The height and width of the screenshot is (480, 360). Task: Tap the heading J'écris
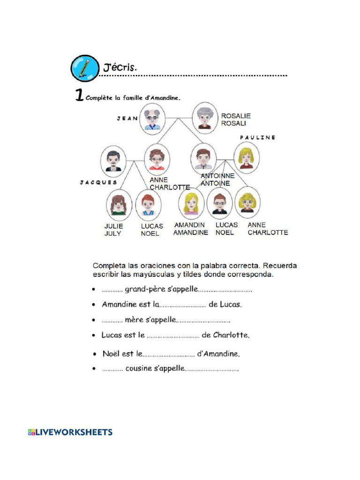pyautogui.click(x=117, y=67)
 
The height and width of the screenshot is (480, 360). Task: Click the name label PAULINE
pyautogui.click(x=257, y=138)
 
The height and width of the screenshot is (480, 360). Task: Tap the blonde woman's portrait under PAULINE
pyautogui.click(x=246, y=158)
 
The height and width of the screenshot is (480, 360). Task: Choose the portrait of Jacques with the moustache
pyautogui.click(x=113, y=160)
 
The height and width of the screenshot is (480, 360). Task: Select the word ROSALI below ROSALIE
pyautogui.click(x=233, y=123)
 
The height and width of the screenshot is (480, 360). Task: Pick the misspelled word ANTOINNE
pyautogui.click(x=217, y=176)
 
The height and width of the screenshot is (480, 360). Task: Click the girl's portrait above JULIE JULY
pyautogui.click(x=119, y=204)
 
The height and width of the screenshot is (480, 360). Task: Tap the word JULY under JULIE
pyautogui.click(x=112, y=233)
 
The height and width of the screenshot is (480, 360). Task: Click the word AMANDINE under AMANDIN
pyautogui.click(x=191, y=232)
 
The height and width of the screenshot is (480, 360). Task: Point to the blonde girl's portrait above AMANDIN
pyautogui.click(x=191, y=202)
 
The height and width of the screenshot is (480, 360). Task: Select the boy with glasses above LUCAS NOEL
pyautogui.click(x=220, y=203)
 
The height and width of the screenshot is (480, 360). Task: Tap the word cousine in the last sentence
pyautogui.click(x=138, y=368)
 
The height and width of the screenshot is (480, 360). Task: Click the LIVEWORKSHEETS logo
pyautogui.click(x=70, y=432)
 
